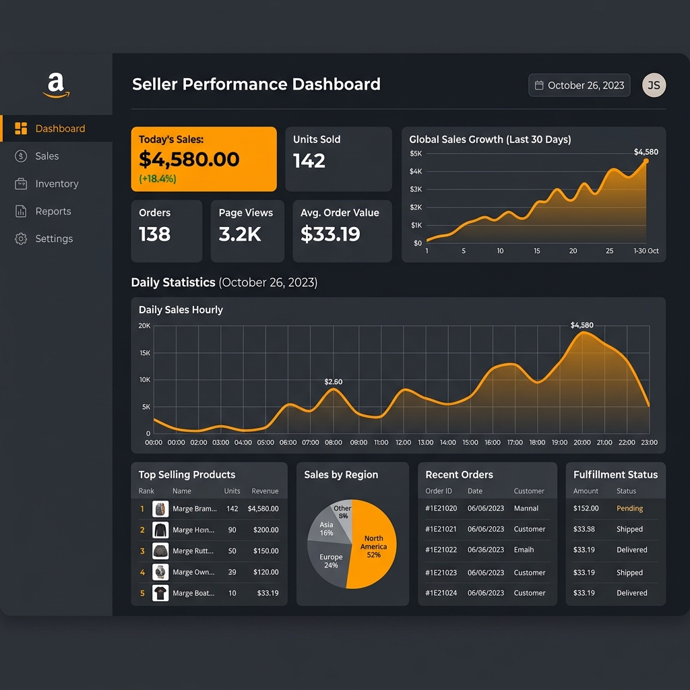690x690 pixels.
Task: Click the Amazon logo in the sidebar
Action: point(56,86)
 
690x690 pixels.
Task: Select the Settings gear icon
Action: point(21,239)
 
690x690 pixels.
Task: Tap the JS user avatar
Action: point(654,85)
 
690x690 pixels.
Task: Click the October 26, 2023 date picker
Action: point(579,86)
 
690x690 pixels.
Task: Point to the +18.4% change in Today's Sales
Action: point(158,179)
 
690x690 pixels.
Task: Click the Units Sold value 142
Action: point(309,160)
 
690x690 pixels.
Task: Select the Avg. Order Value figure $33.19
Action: point(330,234)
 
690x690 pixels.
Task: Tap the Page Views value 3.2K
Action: point(240,234)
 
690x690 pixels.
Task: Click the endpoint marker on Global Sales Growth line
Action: point(646,161)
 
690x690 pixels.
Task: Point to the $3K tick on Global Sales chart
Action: point(416,189)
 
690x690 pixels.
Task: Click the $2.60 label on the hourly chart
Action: point(333,381)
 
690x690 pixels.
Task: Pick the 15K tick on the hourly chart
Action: point(145,353)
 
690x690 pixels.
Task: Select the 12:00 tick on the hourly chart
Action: point(403,442)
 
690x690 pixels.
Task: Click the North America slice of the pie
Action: point(374,546)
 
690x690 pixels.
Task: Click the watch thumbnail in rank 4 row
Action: point(160,571)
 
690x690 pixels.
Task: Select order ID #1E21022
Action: point(441,550)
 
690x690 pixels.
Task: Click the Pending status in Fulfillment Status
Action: point(629,508)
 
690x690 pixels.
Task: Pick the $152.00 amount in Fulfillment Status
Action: point(586,508)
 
